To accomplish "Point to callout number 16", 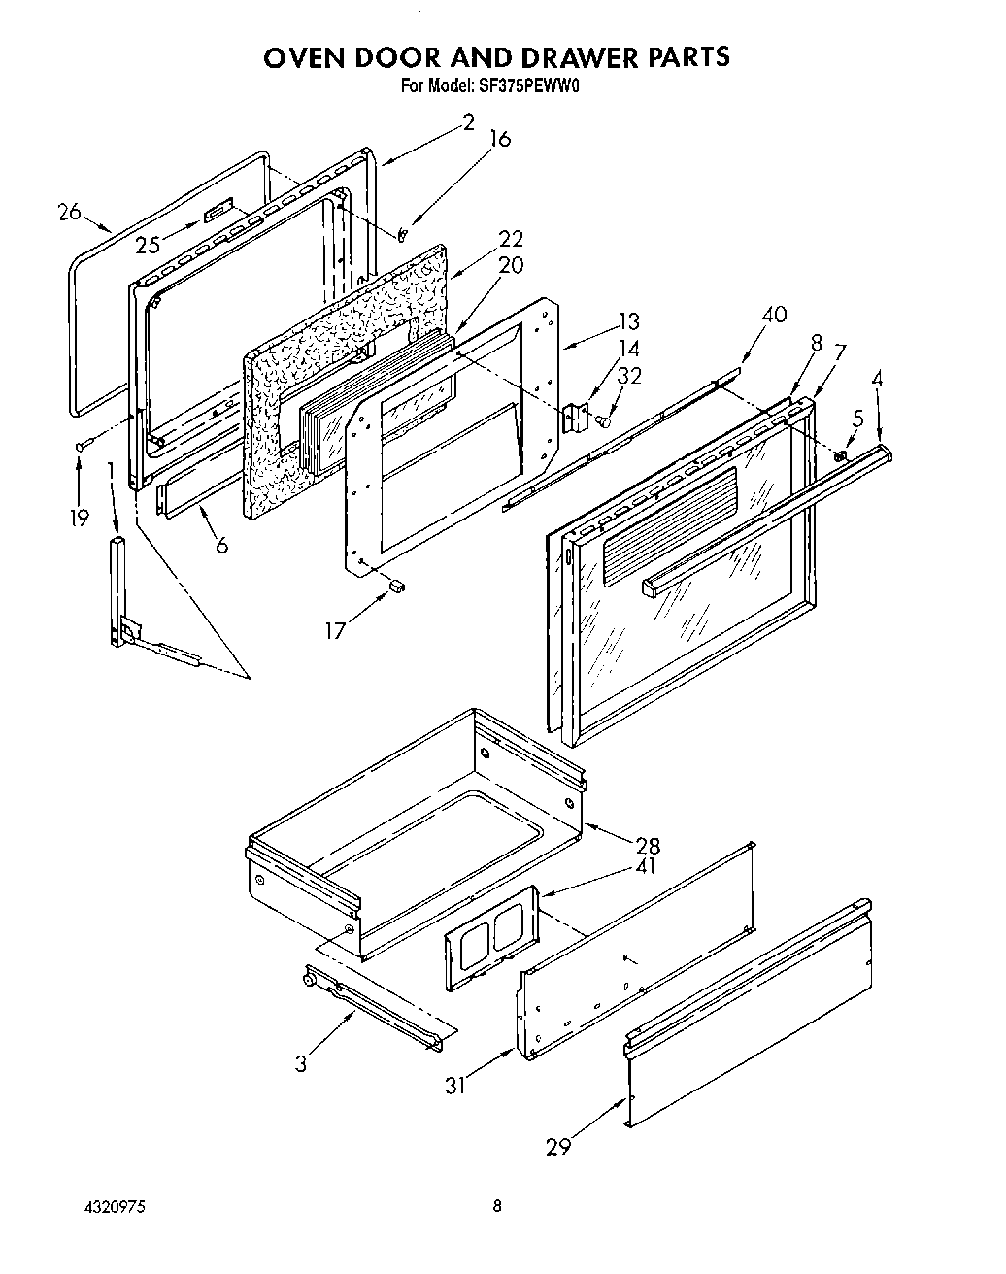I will (499, 138).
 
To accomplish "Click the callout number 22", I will (512, 239).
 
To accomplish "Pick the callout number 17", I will (335, 630).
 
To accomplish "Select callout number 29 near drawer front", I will (557, 1147).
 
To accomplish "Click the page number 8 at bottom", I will (497, 1207).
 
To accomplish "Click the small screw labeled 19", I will (82, 445).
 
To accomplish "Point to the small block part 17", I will (396, 586).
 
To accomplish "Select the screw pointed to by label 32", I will (603, 420).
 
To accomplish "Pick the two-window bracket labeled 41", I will (492, 938).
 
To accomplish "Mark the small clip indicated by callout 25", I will (218, 210).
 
